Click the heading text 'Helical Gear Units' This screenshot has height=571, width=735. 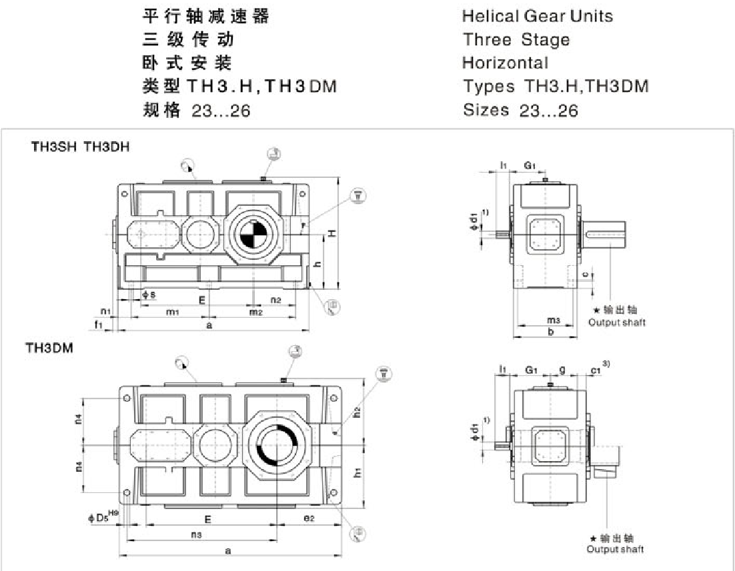point(537,15)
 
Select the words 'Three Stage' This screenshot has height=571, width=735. point(516,39)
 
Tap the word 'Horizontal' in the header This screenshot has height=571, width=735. point(505,63)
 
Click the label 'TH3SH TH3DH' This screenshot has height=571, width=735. point(81,148)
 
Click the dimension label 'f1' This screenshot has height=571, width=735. point(99,324)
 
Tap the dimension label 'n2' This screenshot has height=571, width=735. point(276,300)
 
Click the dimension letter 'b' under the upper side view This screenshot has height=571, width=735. point(550,332)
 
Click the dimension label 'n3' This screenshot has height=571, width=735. point(197,534)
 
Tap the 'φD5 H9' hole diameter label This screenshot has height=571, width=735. point(103,515)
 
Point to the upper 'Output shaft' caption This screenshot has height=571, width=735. point(616,322)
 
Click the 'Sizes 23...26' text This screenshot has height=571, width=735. point(520,111)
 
